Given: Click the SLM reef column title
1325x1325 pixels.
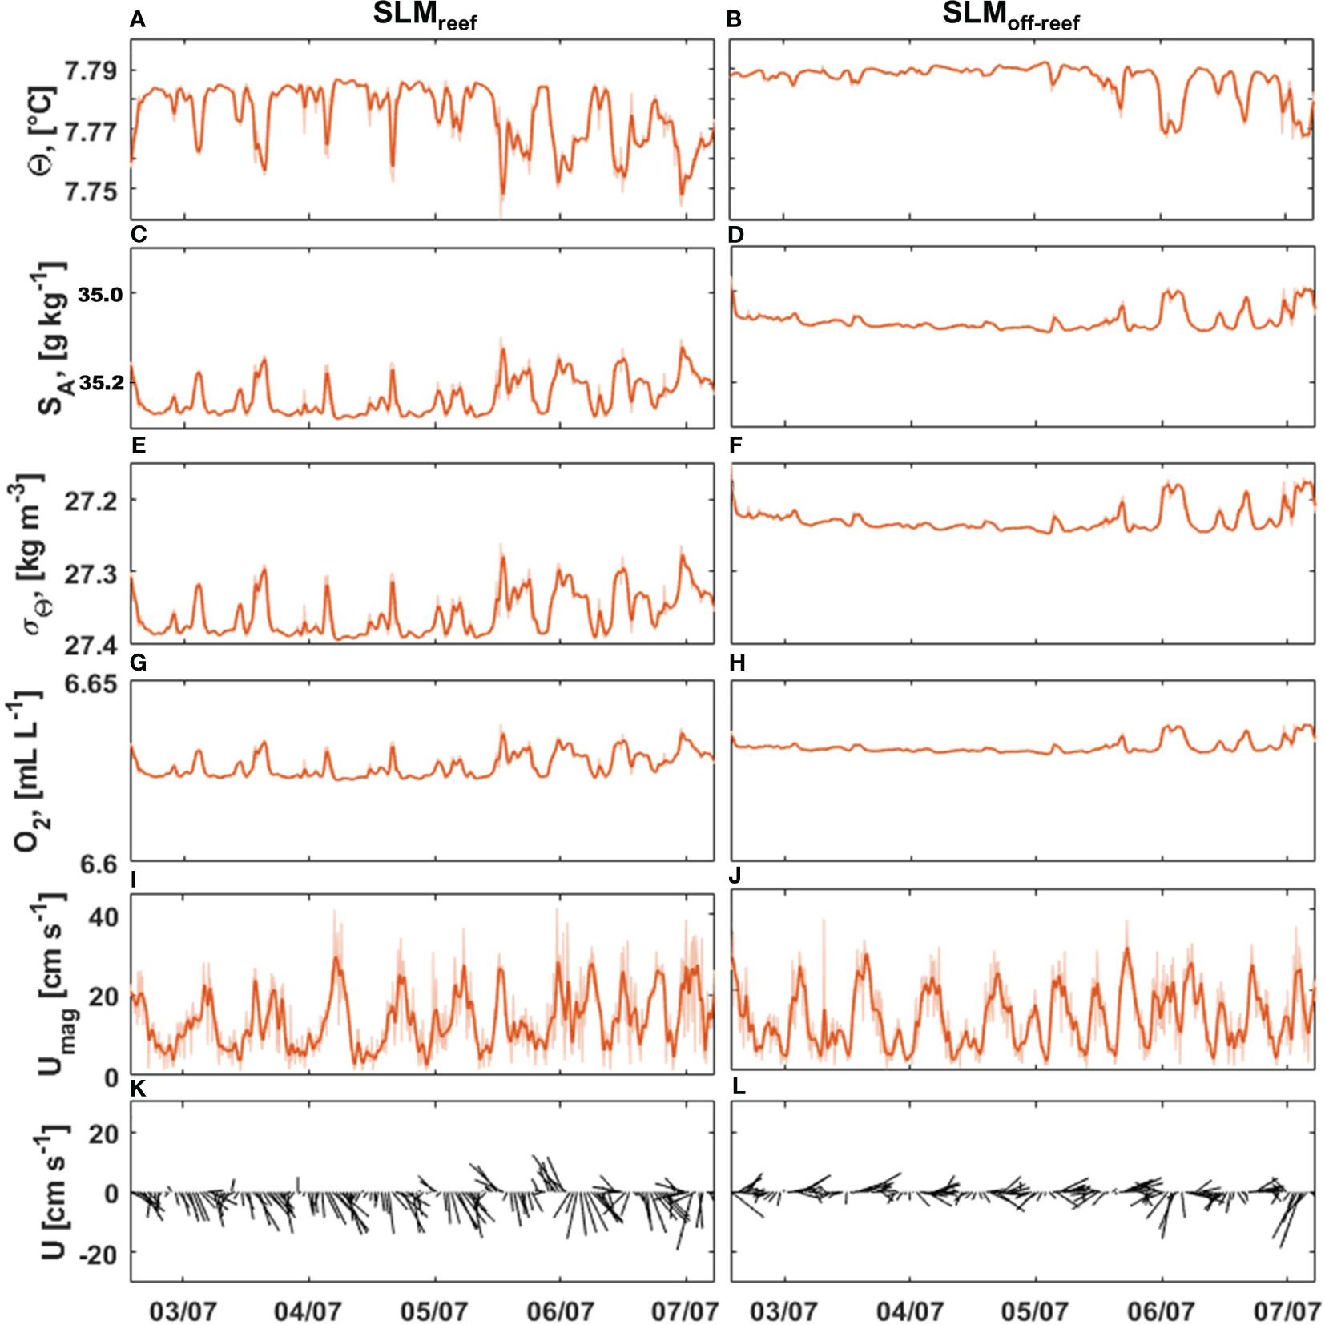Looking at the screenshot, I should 425,16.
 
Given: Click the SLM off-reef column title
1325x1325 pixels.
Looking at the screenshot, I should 1010,16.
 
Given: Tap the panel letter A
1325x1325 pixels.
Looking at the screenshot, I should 138,20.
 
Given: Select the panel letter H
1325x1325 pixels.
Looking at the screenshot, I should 737,662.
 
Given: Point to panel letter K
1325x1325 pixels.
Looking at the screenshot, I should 138,1088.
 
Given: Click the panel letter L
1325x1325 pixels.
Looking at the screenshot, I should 739,1087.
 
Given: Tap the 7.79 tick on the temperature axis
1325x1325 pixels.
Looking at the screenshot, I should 90,70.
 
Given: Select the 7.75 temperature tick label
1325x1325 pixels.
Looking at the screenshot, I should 90,191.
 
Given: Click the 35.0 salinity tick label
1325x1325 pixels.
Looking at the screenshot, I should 100,295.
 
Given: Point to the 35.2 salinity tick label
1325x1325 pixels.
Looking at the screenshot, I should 102,382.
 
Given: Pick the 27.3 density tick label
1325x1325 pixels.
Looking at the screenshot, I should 90,574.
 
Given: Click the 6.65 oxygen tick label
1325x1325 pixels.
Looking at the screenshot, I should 90,684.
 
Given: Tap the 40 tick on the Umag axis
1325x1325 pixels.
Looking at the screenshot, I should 103,916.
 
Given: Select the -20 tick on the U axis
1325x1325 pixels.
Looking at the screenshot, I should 98,1254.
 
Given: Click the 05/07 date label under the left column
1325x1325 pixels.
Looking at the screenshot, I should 433,1311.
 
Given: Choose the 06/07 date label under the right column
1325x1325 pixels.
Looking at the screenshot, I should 1160,1311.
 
